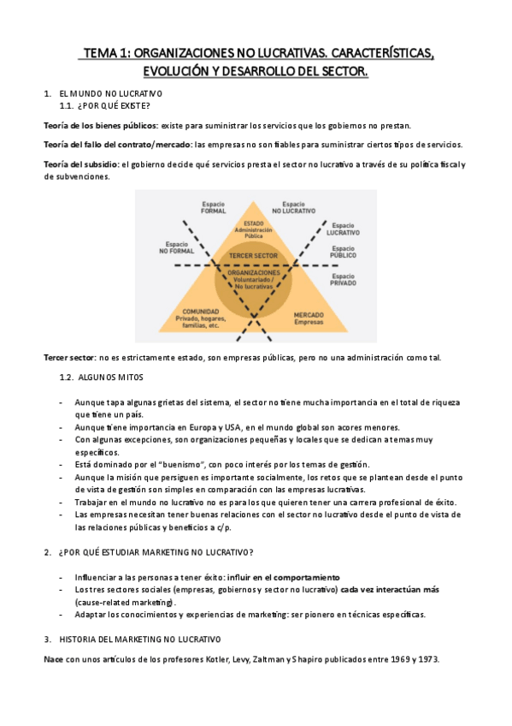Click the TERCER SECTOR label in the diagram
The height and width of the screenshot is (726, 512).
coord(255,256)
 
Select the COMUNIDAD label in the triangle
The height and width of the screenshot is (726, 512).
coord(197,312)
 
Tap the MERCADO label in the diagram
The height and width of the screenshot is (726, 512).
coord(309,315)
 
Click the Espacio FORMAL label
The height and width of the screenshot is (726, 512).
coord(214,207)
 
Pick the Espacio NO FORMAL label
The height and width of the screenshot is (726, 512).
coord(174,247)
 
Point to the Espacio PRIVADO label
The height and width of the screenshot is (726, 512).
coord(343,280)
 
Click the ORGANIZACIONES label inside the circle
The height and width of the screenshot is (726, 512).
coord(255,272)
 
